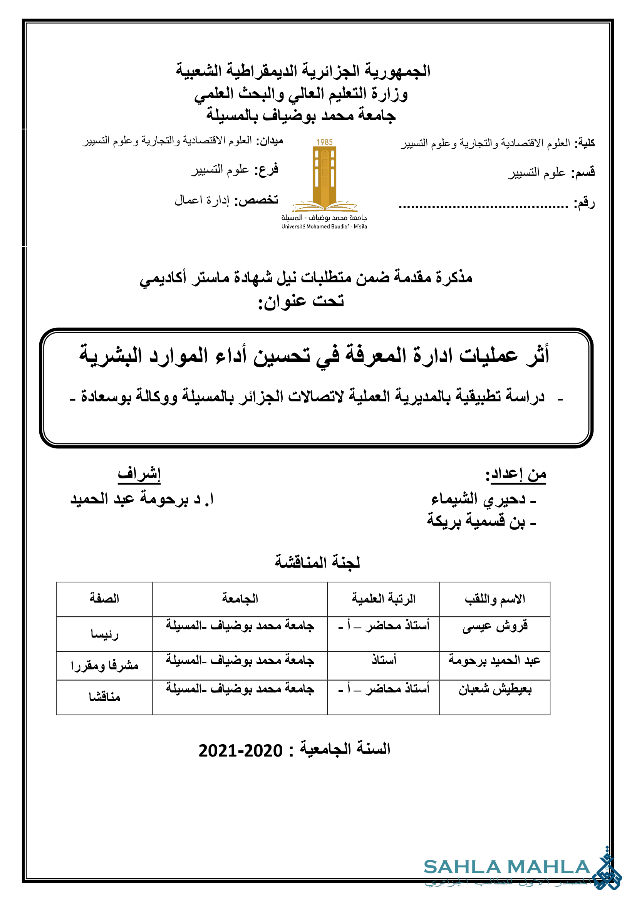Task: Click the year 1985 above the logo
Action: (324, 142)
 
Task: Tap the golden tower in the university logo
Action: (324, 176)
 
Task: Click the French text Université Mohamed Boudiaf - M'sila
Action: (324, 227)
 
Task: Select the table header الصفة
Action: (104, 599)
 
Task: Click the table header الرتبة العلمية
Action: (383, 599)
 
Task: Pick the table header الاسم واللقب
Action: (495, 599)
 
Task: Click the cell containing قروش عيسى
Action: (495, 626)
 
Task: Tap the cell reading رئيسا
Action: (104, 634)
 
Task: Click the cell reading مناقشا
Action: (104, 697)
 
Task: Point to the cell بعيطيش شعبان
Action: (495, 690)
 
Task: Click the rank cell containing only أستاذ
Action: (384, 660)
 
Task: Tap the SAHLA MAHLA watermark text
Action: (506, 867)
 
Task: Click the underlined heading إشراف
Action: (139, 474)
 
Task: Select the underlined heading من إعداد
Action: (516, 475)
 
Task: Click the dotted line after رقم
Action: (483, 206)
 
